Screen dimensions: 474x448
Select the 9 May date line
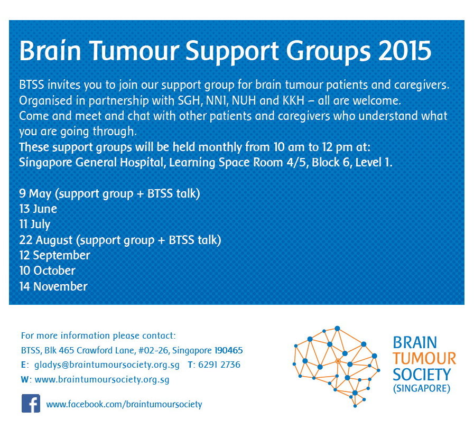click(x=109, y=194)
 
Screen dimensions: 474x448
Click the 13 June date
click(x=38, y=209)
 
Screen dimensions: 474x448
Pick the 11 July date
click(x=35, y=225)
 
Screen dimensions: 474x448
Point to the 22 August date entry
click(x=120, y=240)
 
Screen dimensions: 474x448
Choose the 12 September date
click(x=55, y=256)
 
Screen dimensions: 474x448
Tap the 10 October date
click(x=47, y=271)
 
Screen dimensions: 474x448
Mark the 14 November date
click(x=53, y=286)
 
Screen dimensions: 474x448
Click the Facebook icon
click(x=31, y=403)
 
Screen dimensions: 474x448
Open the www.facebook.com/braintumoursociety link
click(x=124, y=405)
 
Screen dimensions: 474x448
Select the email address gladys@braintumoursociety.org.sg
click(x=107, y=365)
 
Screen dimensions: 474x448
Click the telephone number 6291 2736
click(x=219, y=365)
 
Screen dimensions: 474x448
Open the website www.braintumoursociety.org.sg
click(x=102, y=380)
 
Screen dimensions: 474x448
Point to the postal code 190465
click(x=228, y=350)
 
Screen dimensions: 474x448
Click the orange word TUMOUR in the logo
click(x=424, y=359)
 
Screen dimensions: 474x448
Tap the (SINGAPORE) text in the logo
click(x=422, y=388)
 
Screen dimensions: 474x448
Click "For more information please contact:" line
click(x=98, y=336)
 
